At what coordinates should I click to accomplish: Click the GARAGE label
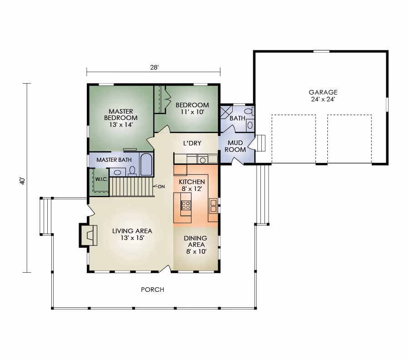323,92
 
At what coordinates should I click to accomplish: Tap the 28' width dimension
154,67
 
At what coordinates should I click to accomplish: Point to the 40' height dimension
23,181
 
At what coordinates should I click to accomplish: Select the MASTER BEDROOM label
121,115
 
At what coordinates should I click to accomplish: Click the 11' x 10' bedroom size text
192,112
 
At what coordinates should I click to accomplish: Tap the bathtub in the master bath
146,165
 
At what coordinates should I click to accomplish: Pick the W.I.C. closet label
101,179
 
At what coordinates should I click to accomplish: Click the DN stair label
161,186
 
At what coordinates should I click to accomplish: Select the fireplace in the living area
88,235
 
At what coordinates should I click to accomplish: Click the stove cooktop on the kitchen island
186,205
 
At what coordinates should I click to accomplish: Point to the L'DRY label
192,143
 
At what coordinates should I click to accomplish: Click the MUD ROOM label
235,146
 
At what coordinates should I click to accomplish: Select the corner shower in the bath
226,112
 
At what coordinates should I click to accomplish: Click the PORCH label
152,290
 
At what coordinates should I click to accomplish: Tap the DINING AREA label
195,241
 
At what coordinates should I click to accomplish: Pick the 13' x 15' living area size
132,238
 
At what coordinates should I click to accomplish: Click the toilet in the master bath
132,171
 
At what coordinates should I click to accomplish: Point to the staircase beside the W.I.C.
131,186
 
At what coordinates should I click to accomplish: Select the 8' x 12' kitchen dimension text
192,189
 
